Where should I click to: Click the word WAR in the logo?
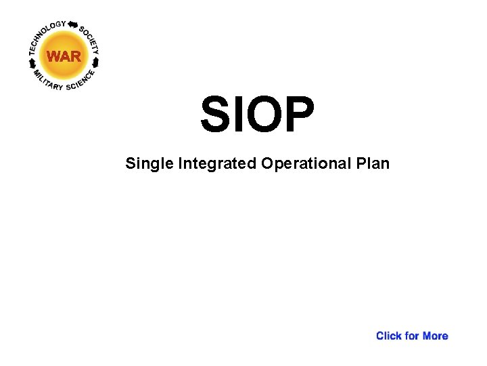pyautogui.click(x=64, y=56)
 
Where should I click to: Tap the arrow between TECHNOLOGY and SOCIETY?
pyautogui.click(x=73, y=24)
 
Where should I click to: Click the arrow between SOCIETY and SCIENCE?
pyautogui.click(x=96, y=62)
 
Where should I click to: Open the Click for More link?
pyautogui.click(x=412, y=335)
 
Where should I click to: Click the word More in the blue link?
pyautogui.click(x=435, y=335)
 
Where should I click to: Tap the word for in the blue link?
pyautogui.click(x=412, y=335)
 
